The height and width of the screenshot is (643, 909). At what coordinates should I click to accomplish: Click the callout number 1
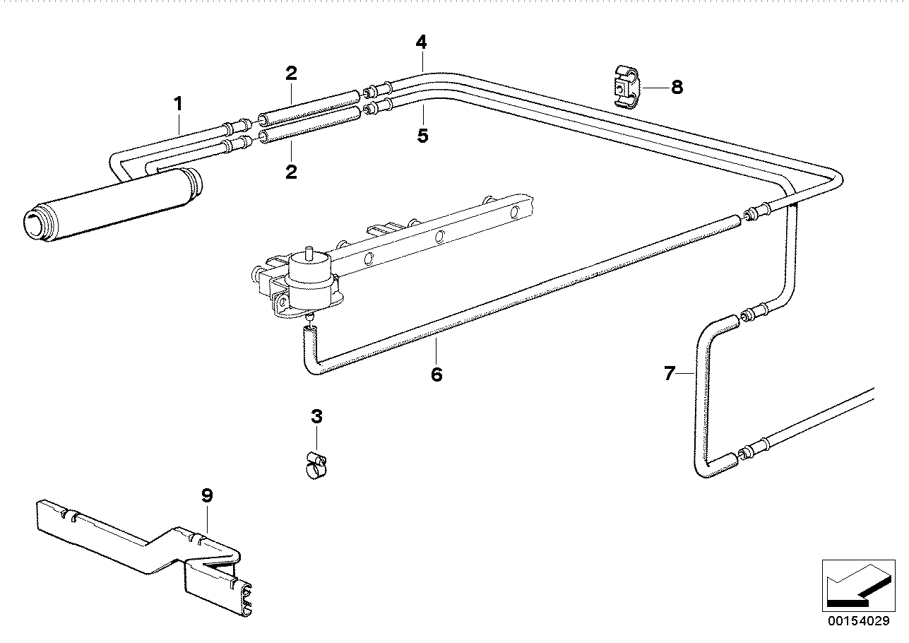179,104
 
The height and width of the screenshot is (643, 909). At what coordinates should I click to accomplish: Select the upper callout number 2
291,73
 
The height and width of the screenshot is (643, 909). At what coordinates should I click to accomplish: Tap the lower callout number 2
291,172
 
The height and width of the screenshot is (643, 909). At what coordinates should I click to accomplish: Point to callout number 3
316,416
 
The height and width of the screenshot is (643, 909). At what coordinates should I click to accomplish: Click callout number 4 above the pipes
421,42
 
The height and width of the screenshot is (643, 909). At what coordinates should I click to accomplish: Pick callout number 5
422,135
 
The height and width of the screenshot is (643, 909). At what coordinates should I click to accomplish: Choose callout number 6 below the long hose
436,374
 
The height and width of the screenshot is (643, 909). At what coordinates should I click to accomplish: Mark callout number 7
670,373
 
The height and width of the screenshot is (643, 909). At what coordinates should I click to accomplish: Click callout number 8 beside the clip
677,88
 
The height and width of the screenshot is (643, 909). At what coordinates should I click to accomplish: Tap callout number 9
206,496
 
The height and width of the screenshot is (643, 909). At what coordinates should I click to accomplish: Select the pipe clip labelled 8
625,88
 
